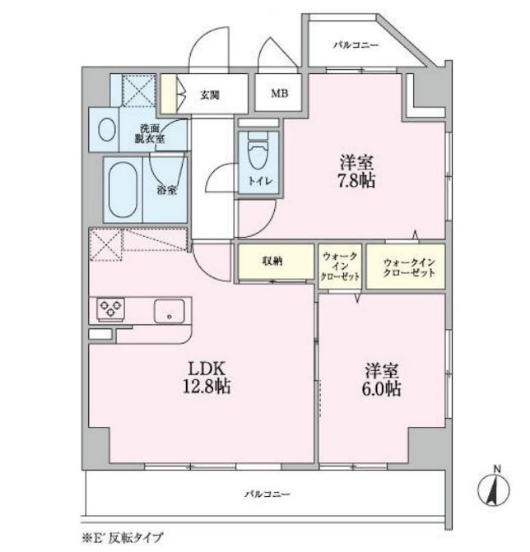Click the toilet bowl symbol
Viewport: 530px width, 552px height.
click(258, 151)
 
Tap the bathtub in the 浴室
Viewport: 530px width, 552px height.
click(123, 189)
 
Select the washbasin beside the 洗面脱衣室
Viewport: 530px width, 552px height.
click(107, 129)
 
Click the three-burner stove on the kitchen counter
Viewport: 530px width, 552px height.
click(110, 309)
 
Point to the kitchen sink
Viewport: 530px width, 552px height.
click(169, 311)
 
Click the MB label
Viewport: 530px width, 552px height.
click(280, 93)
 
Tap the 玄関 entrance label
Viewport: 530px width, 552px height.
click(210, 95)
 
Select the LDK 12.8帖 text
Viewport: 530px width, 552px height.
click(207, 378)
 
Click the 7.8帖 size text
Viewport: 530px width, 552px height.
click(356, 181)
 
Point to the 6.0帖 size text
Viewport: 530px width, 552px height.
click(381, 388)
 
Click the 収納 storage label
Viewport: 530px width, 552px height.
click(272, 261)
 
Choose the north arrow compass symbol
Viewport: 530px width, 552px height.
click(493, 489)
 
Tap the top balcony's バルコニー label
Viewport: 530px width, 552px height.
click(356, 45)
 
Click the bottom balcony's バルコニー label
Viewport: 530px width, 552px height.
click(267, 494)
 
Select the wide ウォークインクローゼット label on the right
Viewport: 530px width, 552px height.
click(409, 267)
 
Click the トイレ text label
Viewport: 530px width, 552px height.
click(260, 181)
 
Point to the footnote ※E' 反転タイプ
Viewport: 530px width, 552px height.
click(122, 538)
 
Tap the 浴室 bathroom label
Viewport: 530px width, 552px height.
click(166, 191)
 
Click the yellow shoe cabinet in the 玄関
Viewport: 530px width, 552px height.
click(169, 94)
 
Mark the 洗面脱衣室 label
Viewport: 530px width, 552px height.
click(150, 134)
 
